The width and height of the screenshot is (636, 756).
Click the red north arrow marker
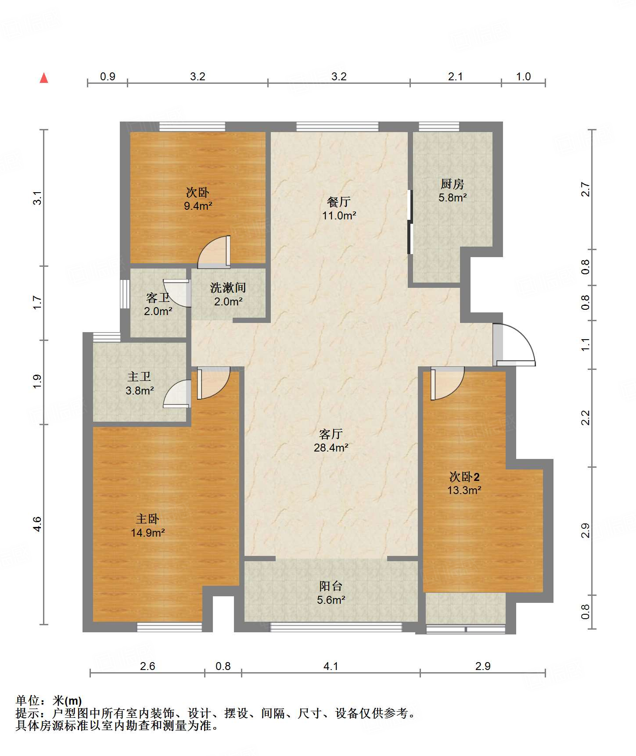pyautogui.click(x=44, y=78)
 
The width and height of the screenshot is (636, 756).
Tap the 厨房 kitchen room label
pyautogui.click(x=453, y=184)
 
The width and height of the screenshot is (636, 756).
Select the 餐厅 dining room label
pyautogui.click(x=339, y=202)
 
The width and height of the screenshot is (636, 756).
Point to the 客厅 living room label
pyautogui.click(x=331, y=434)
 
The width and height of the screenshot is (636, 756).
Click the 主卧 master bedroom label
pyautogui.click(x=147, y=519)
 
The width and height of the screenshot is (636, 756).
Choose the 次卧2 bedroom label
pyautogui.click(x=464, y=477)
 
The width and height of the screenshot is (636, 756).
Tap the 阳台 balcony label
pyautogui.click(x=331, y=586)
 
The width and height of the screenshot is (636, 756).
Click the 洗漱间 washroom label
pyautogui.click(x=228, y=288)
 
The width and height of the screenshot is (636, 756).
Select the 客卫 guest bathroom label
pyautogui.click(x=158, y=298)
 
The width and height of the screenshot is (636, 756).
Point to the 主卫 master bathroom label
pyautogui.click(x=139, y=376)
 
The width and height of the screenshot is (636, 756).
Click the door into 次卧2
pyautogui.click(x=447, y=383)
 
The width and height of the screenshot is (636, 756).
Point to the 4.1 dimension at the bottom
pyautogui.click(x=331, y=666)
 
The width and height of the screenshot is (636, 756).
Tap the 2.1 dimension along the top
pyautogui.click(x=456, y=76)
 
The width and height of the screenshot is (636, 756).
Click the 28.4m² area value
pyautogui.click(x=331, y=448)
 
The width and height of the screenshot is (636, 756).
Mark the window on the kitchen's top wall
pyautogui.click(x=439, y=127)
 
